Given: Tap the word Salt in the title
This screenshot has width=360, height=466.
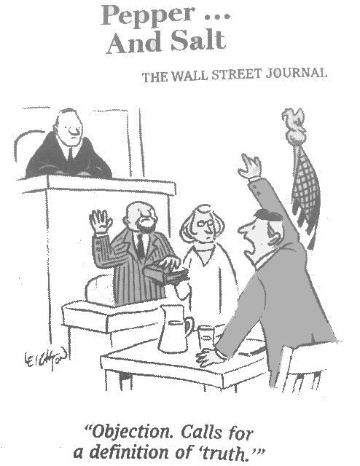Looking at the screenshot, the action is (198, 41).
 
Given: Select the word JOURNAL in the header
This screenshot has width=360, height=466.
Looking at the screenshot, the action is (297, 73).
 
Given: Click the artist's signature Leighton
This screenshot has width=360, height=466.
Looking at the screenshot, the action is (44, 358).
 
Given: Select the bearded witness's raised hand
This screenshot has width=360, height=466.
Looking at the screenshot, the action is (101, 221).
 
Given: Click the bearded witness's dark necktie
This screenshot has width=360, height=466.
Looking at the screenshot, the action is (141, 247).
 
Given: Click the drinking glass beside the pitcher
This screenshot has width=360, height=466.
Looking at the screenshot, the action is (206, 338).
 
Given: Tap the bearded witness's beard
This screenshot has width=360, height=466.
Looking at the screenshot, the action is (146, 226).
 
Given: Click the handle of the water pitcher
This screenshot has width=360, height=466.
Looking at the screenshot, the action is (189, 326).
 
